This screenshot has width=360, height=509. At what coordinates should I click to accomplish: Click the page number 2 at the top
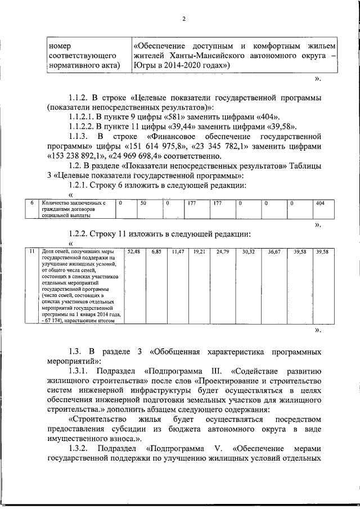183,20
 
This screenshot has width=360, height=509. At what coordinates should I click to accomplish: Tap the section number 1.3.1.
78,372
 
